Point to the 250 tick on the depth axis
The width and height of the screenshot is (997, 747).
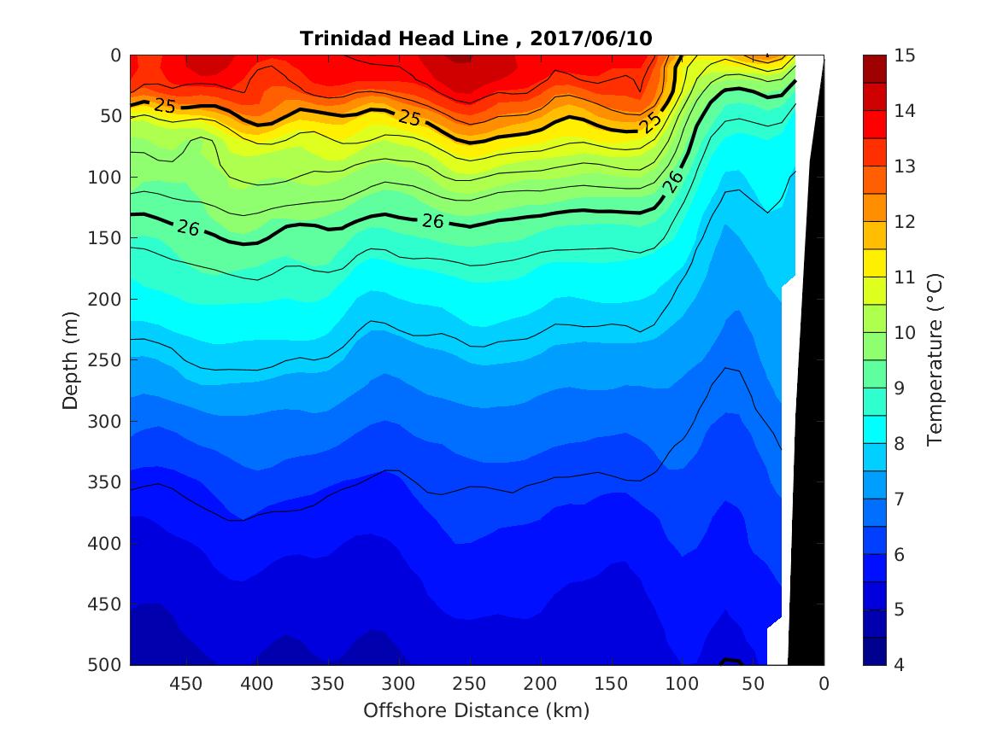pos(106,360)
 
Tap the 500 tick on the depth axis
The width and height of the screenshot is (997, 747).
pos(106,665)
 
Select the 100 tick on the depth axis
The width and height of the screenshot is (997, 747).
pos(106,178)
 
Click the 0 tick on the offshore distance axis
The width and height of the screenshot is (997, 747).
pos(824,684)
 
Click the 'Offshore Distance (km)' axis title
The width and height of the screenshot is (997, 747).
pos(476,710)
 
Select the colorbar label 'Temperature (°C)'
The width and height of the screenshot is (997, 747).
pos(935,359)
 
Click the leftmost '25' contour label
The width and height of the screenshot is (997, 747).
pos(165,105)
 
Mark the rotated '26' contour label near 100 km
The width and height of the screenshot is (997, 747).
pos(674,180)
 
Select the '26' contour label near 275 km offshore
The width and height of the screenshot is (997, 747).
pos(433,221)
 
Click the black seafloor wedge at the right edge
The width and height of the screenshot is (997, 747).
pos(807,427)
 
